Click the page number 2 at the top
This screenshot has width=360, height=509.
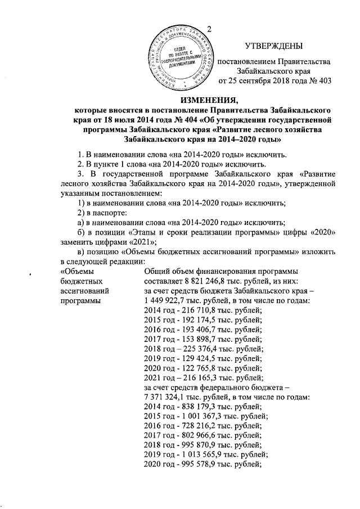pos(209,29)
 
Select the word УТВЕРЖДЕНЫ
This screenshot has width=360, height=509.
pos(274,46)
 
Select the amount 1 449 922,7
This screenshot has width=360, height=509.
pos(168,301)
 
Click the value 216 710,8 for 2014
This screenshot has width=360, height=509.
pos(193,312)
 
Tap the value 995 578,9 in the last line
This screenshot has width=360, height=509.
pos(193,474)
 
